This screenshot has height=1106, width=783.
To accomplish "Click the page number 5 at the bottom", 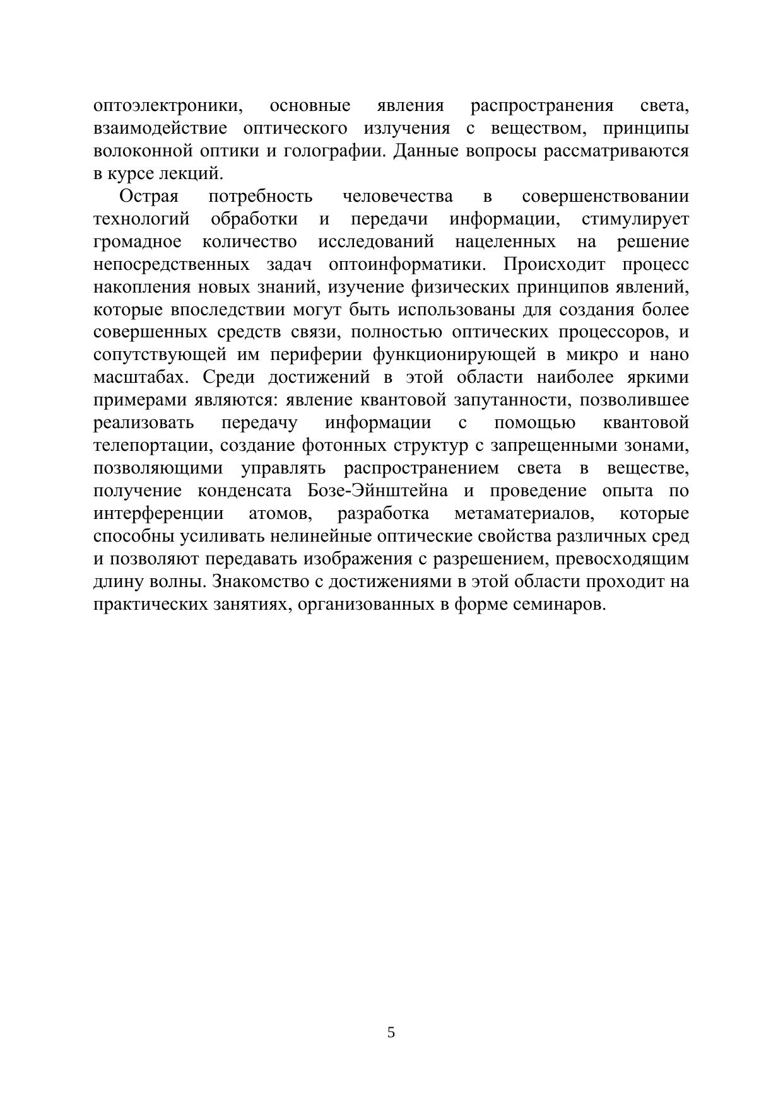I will pyautogui.click(x=391, y=1032).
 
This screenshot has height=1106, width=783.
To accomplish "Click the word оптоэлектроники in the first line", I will pyautogui.click(x=168, y=105).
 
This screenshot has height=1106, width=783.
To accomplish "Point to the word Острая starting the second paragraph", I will pyautogui.click(x=149, y=196).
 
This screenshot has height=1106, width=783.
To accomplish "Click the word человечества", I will pyautogui.click(x=397, y=196).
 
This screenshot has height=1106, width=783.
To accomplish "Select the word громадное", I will pyautogui.click(x=138, y=242).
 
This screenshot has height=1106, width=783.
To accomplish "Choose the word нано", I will pyautogui.click(x=670, y=355).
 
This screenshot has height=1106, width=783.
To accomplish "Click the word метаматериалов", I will pyautogui.click(x=524, y=514).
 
